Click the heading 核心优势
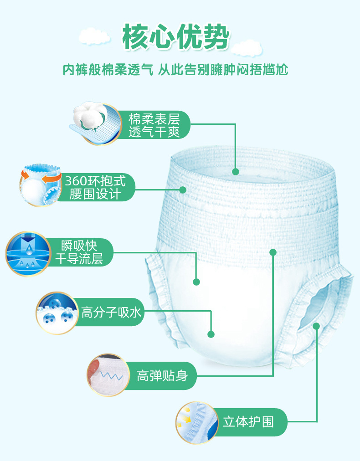(175, 36)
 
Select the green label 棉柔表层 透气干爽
(154, 125)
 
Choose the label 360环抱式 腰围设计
(95, 187)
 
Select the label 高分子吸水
(112, 312)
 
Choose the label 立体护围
(248, 422)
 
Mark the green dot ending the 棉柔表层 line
(235, 172)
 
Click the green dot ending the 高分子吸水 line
(211, 334)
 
